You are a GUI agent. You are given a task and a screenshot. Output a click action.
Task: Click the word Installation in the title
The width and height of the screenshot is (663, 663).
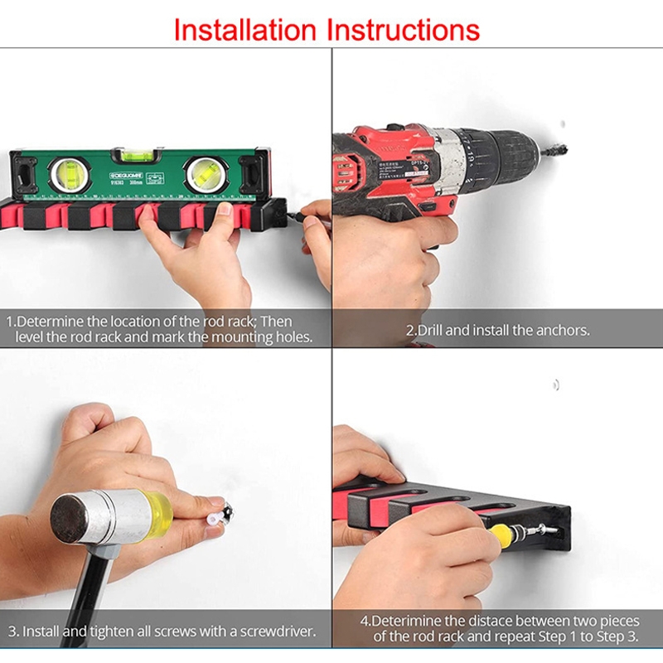(x=245, y=30)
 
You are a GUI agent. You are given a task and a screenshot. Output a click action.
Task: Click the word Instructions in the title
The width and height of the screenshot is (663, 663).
(x=404, y=30)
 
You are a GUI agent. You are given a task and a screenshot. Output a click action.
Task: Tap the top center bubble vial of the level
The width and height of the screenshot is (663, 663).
(x=137, y=156)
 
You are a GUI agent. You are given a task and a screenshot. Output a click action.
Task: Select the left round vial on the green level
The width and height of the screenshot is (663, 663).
(x=70, y=176)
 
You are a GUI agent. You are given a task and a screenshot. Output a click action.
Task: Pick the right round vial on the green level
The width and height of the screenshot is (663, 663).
(x=206, y=175)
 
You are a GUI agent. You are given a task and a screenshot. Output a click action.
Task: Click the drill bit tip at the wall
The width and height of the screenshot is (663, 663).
(x=565, y=149)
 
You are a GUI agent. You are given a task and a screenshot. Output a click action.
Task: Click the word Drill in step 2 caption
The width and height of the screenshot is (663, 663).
(x=430, y=330)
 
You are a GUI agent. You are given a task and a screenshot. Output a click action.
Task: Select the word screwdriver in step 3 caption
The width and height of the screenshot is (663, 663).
(x=278, y=632)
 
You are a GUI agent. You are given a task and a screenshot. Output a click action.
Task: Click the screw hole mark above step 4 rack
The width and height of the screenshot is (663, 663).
(x=556, y=385)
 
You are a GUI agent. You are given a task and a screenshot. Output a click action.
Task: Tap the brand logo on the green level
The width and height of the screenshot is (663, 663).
(x=126, y=176)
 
